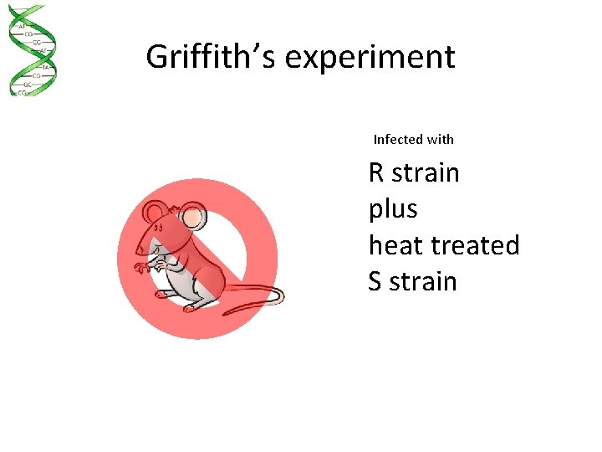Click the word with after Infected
(440, 139)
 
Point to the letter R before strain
(376, 172)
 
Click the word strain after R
(426, 172)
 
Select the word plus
(393, 209)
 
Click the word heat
(397, 245)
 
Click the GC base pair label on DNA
(28, 85)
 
